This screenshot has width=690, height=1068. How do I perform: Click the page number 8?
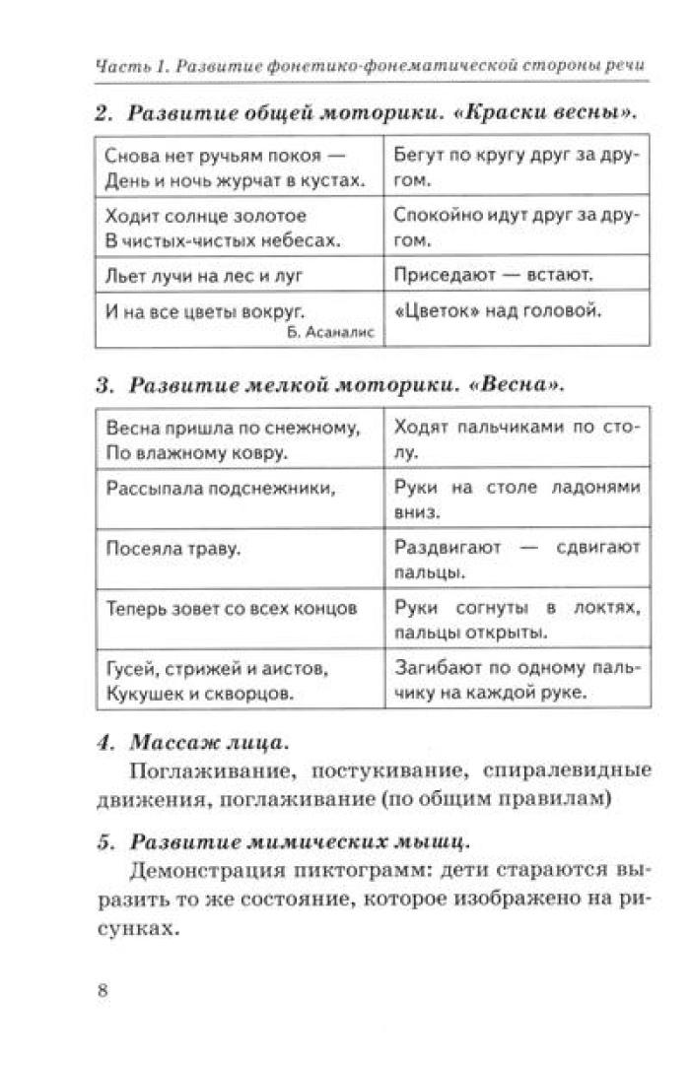tap(103, 990)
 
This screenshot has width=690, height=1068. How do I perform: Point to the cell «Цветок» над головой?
tap(497, 311)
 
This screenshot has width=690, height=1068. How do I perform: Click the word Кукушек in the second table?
tap(139, 693)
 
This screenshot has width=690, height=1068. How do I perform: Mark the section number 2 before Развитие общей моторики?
tap(101, 112)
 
